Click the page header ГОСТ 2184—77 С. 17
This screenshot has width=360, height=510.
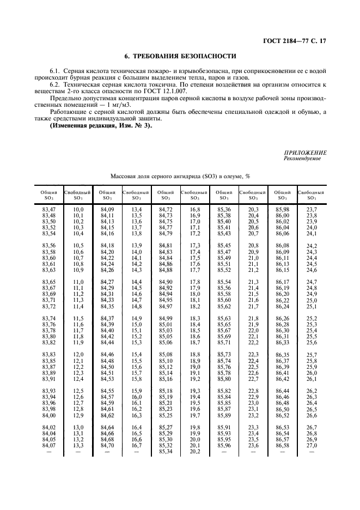pyautogui.click(x=295, y=41)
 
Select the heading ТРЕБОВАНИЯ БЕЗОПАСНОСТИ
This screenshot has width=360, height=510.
pyautogui.click(x=184, y=56)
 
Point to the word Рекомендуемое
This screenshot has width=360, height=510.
pyautogui.click(x=302, y=159)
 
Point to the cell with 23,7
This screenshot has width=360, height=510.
pyautogui.click(x=312, y=209)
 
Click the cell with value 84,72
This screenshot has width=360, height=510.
pyautogui.click(x=166, y=209)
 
